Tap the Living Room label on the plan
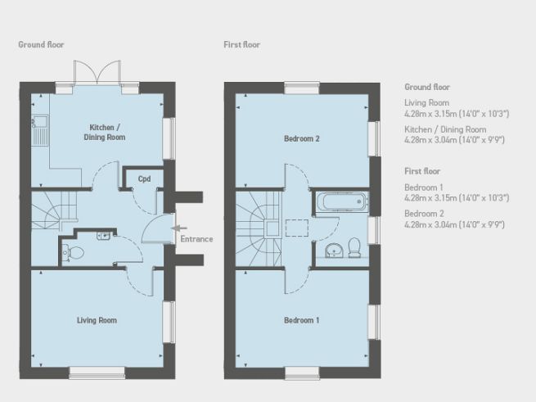pyautogui.click(x=97, y=320)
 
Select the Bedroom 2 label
pyautogui.click(x=301, y=138)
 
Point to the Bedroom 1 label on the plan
pyautogui.click(x=301, y=320)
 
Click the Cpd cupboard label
pyautogui.click(x=144, y=178)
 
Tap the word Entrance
pyautogui.click(x=197, y=239)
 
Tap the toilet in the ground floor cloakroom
pyautogui.click(x=70, y=251)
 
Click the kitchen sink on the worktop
pyautogui.click(x=39, y=129)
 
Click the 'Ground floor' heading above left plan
pyautogui.click(x=41, y=44)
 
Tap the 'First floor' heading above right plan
pyautogui.click(x=242, y=44)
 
